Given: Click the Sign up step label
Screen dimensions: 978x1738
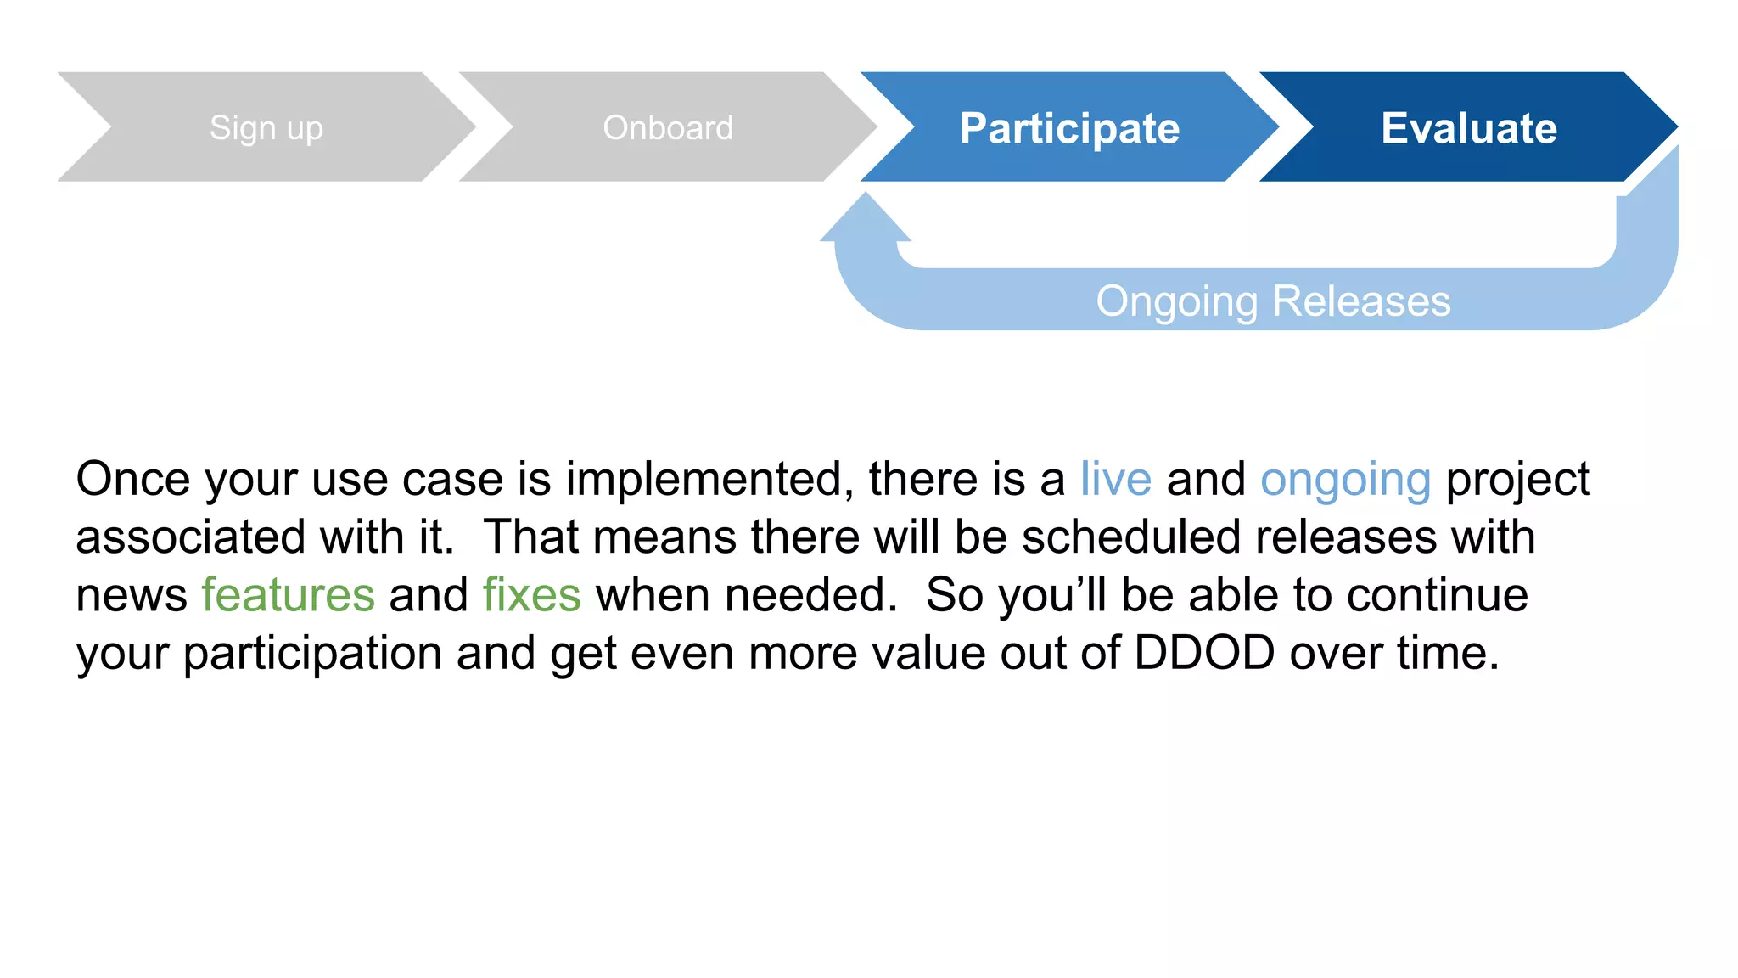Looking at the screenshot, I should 266,128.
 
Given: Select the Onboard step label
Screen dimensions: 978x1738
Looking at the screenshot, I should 668,128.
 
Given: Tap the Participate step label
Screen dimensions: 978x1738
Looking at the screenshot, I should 1069,128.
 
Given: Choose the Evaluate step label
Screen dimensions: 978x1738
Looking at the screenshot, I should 1469,128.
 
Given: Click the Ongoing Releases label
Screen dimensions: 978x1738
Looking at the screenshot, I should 1273,301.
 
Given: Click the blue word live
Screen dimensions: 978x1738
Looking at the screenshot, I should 1116,479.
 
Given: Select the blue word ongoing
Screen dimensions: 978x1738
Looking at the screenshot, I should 1345,481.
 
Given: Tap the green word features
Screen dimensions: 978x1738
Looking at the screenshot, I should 288,594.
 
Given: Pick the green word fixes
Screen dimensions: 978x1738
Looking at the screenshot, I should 532,594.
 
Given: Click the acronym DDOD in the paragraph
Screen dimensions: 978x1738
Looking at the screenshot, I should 1204,652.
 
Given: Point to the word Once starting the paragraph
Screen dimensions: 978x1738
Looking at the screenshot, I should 132,479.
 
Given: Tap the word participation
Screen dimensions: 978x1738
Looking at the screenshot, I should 312,654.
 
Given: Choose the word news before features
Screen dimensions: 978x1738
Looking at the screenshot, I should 132,594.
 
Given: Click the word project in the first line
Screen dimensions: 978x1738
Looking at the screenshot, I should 1517,481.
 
